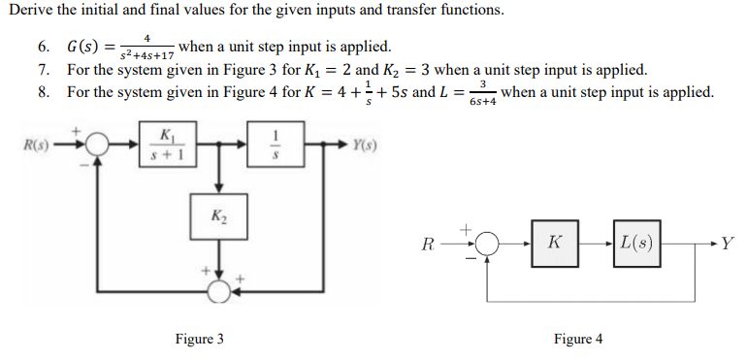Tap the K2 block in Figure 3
tap(218, 215)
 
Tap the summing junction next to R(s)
tap(99, 147)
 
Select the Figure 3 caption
tap(200, 339)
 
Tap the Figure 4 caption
tap(578, 339)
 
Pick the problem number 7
tap(43, 71)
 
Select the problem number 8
tap(43, 92)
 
